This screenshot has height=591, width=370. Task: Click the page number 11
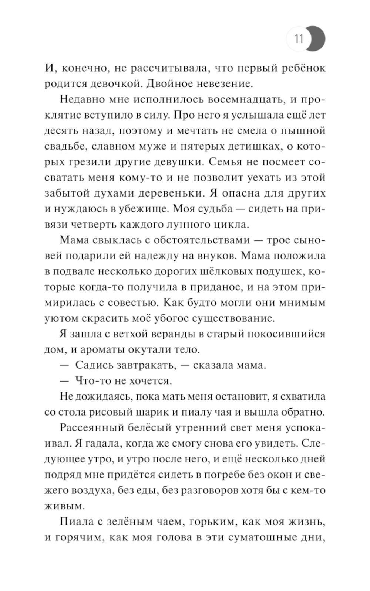pyautogui.click(x=299, y=39)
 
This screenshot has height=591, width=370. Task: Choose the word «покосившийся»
pyautogui.click(x=282, y=334)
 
